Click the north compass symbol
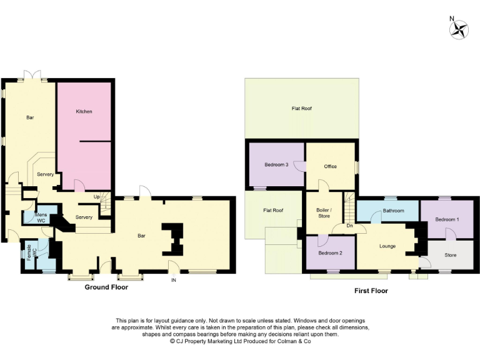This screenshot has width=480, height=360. pos(459,29)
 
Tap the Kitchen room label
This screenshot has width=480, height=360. pos(84,111)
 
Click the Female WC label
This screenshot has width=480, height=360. pos(31,252)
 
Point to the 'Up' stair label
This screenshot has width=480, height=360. pos(96,196)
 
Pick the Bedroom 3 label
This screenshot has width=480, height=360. pos(276,164)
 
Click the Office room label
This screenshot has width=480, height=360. pos(331,166)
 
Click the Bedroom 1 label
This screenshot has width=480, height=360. pos(447,219)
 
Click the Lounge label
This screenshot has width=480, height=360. pos(387,246)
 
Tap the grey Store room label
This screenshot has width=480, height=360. pos(450,255)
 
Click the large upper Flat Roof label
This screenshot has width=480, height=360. pos(301,108)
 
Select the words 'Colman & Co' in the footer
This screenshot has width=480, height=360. pos(294,341)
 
